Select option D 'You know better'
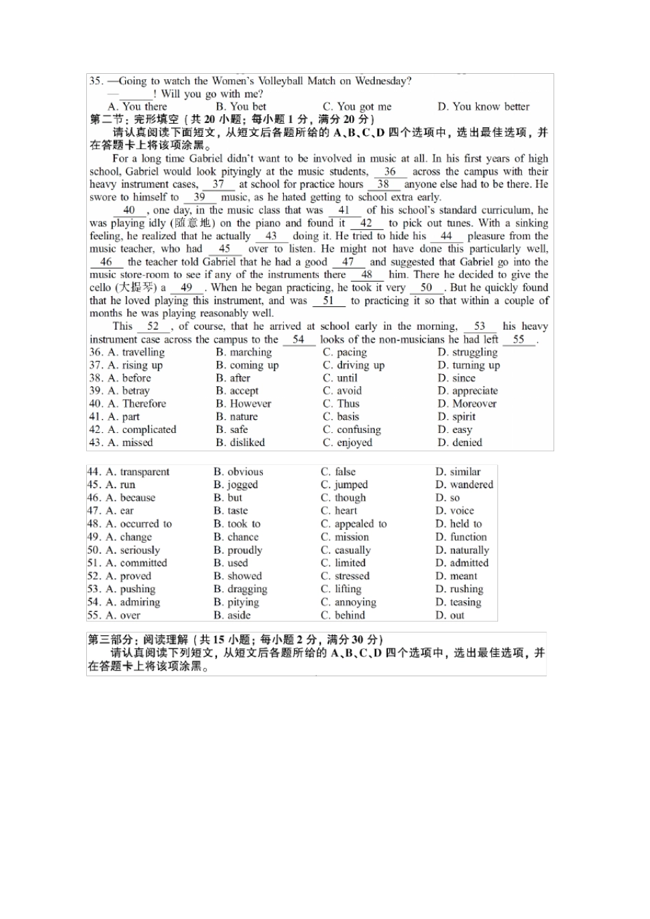(484, 107)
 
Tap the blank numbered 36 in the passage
(390, 172)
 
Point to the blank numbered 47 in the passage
(348, 262)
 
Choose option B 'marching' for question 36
(244, 352)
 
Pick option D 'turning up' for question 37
(469, 365)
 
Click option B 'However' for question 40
(244, 404)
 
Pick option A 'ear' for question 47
(120, 511)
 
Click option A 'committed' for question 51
(137, 563)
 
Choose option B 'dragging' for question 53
(240, 589)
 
